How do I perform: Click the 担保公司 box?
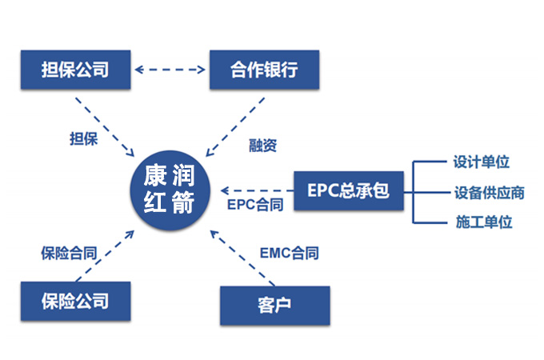point(74,70)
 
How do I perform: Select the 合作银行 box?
point(263,70)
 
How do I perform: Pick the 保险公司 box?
point(74,302)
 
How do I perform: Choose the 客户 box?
point(274,305)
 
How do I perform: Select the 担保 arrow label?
point(84,138)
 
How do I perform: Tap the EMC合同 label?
point(289,254)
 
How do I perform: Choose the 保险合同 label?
point(69,254)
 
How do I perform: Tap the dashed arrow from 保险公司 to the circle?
point(104,255)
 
